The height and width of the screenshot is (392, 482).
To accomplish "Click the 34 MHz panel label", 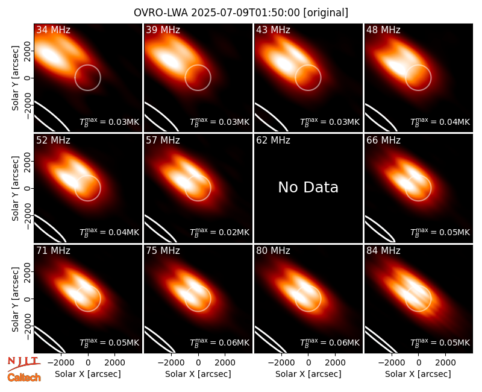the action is click(x=53, y=30).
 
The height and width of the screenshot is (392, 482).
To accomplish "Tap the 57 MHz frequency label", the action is click(x=163, y=141).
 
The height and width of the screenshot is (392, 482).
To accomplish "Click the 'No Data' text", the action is click(x=308, y=187).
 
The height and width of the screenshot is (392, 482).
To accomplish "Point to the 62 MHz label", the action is click(x=274, y=141).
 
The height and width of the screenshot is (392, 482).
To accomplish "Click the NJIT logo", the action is click(x=23, y=364).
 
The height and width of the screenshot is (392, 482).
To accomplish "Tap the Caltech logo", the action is click(x=24, y=378).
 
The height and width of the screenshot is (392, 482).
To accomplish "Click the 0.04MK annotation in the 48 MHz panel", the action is click(x=454, y=122).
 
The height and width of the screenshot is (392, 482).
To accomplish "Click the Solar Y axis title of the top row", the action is click(x=15, y=78).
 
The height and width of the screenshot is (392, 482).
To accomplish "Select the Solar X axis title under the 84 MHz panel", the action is click(x=418, y=374).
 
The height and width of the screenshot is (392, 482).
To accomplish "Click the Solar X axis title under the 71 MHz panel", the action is click(x=88, y=374).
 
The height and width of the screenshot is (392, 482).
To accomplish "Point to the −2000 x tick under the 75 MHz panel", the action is click(x=171, y=362).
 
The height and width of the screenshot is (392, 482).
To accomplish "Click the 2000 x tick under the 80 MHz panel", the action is click(x=335, y=362).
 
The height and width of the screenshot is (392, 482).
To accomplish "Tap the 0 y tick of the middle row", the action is click(x=28, y=188).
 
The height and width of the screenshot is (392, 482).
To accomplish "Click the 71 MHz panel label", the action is click(x=53, y=251).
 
